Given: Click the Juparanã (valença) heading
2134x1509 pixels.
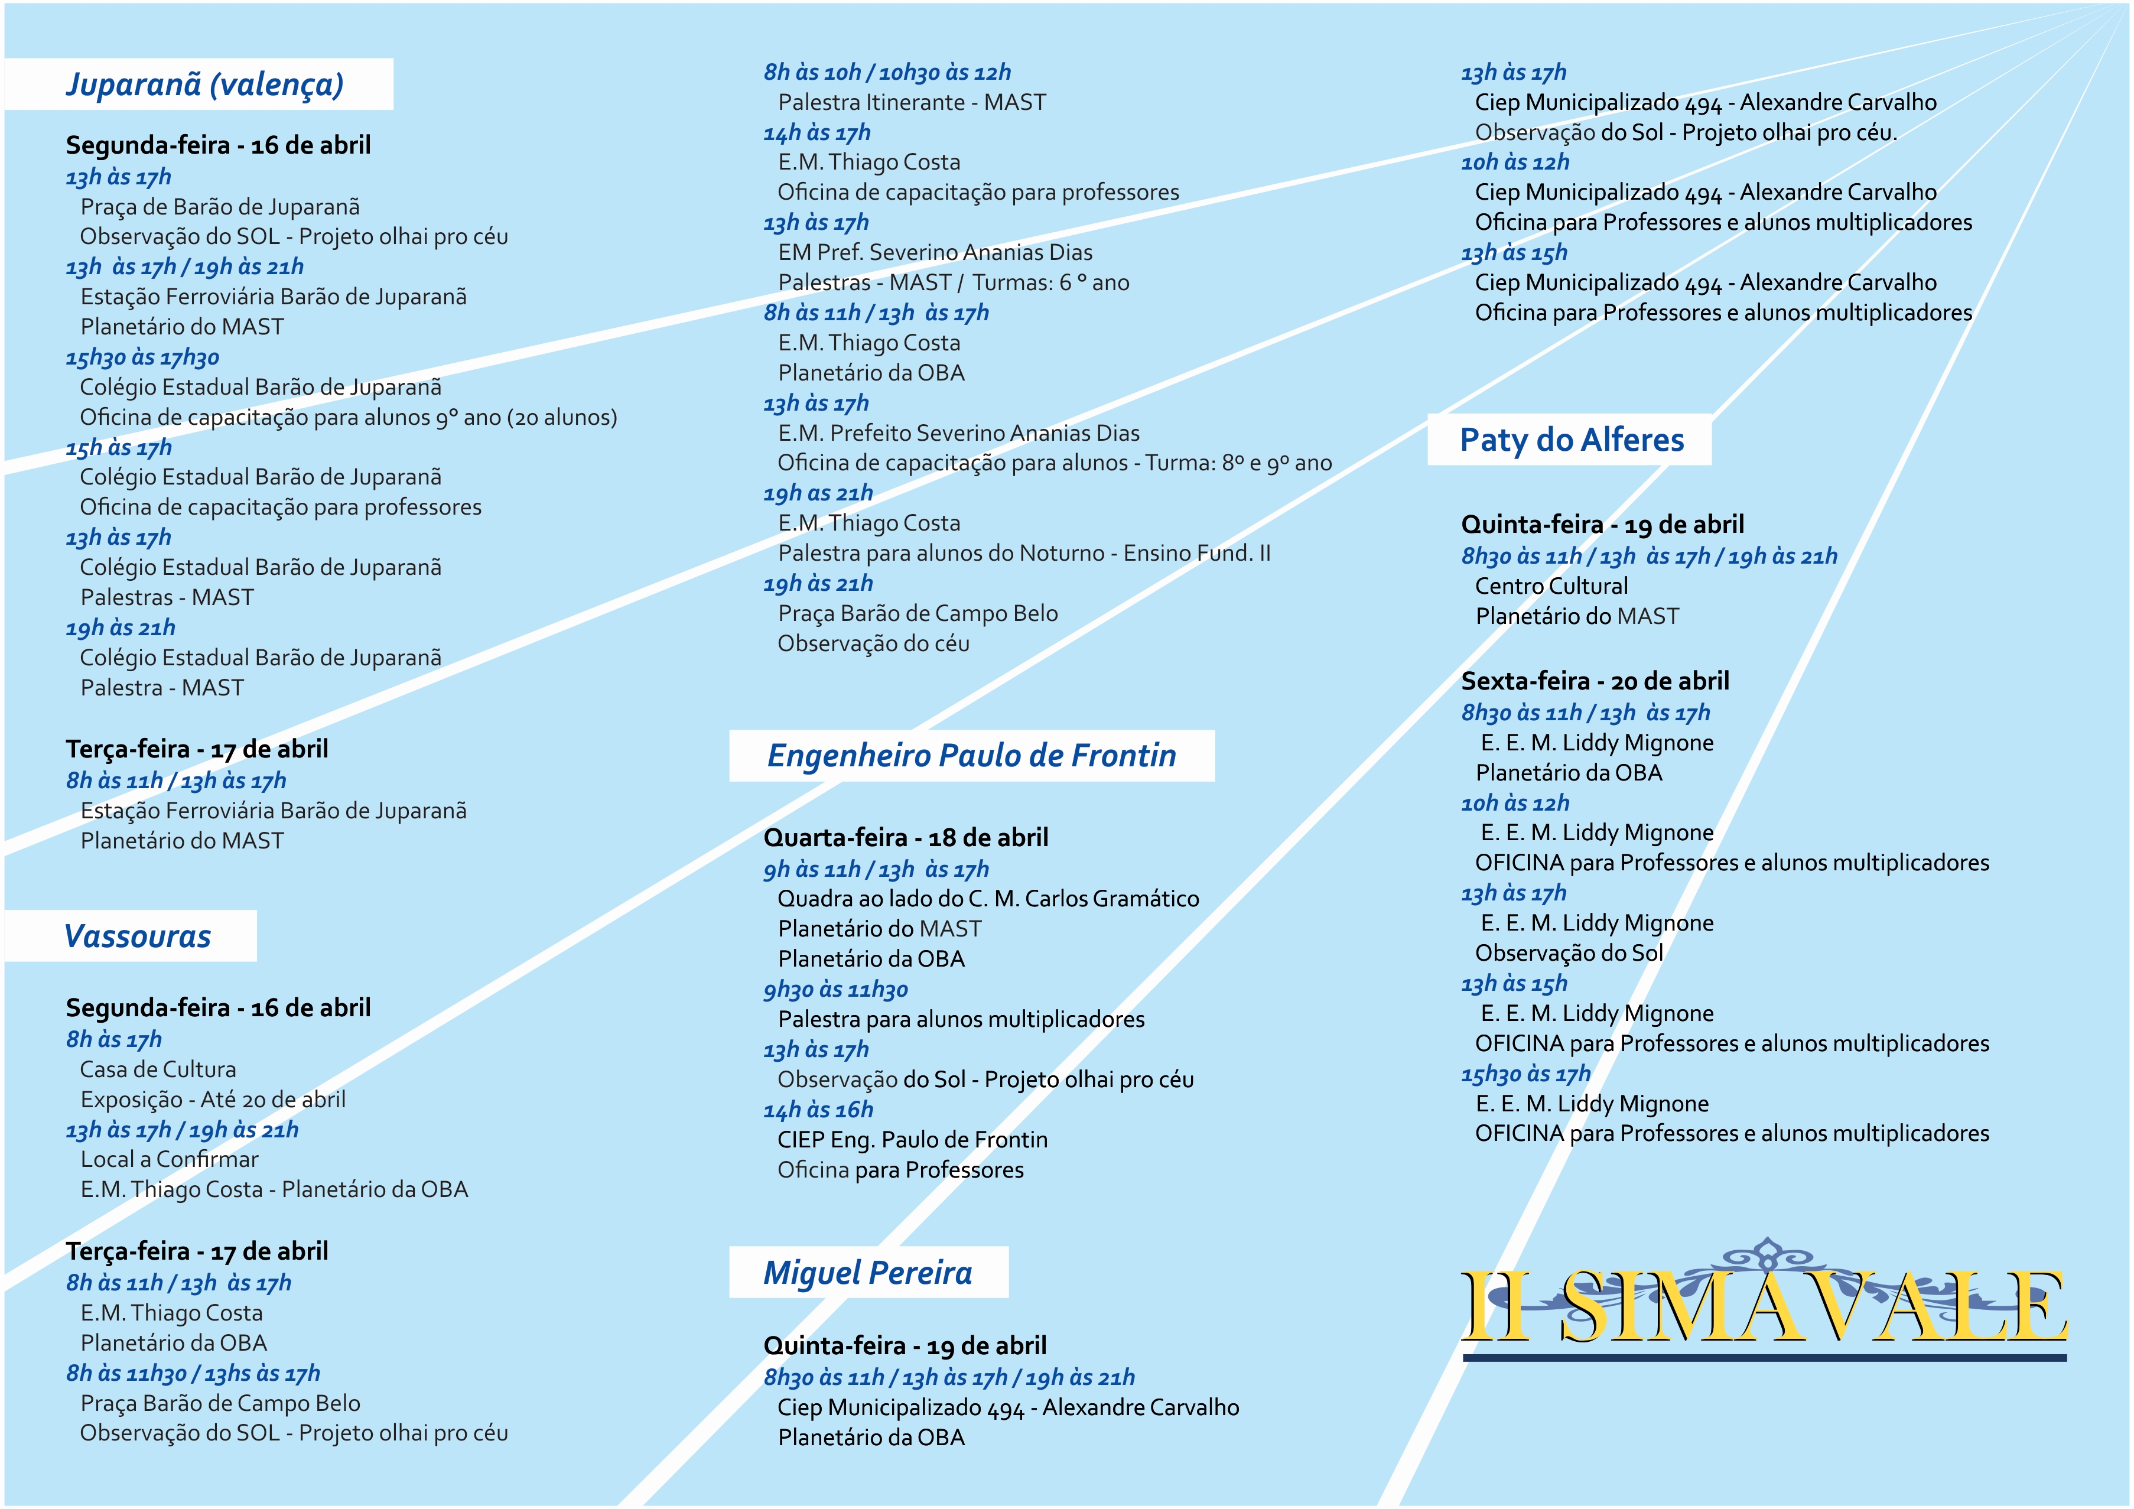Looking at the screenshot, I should (204, 84).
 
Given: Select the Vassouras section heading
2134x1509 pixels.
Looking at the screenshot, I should (138, 936).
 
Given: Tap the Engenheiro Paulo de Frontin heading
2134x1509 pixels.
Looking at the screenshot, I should (971, 756).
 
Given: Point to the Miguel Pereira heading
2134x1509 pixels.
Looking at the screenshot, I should (867, 1273).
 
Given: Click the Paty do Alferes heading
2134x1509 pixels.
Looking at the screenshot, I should (1571, 440).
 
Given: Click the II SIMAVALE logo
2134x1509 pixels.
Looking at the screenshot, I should (1763, 1303).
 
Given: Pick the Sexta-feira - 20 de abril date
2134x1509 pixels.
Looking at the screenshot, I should (1595, 681).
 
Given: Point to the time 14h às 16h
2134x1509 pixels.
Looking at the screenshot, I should (818, 1110).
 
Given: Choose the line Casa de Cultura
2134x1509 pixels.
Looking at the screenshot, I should (158, 1070).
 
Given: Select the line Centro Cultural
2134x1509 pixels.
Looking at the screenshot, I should (1551, 587).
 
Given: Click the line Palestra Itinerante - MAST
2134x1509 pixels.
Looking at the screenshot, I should (912, 102).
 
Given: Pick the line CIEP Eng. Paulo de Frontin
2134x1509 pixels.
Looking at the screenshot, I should (912, 1140).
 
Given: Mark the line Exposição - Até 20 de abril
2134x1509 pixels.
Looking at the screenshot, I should (213, 1100).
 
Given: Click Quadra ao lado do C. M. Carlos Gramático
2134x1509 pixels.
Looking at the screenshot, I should (988, 899).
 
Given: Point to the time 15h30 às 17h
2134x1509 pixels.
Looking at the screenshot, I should (1525, 1075).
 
